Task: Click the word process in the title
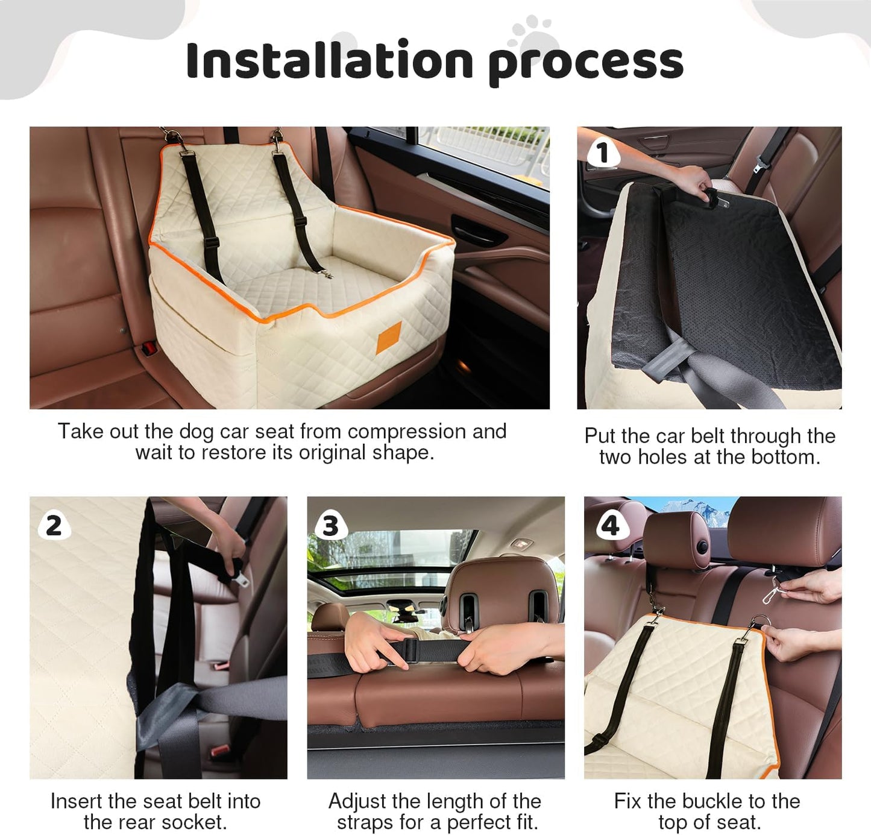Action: (585, 63)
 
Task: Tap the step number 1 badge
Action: (602, 153)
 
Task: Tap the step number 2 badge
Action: (54, 525)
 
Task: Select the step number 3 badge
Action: (330, 525)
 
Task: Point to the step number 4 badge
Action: (610, 525)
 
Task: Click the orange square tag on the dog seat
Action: (389, 338)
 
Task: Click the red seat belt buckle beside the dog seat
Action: (147, 348)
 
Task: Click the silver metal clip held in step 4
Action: (771, 594)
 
